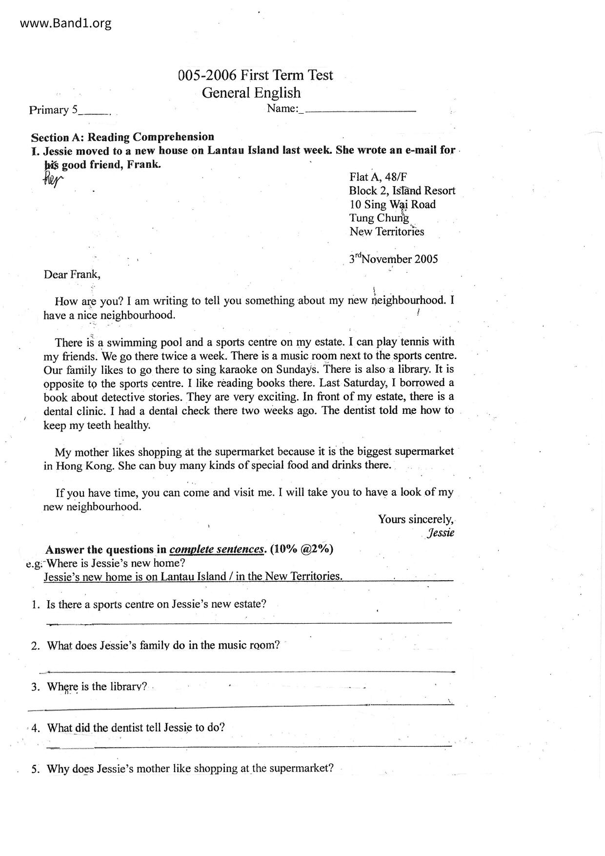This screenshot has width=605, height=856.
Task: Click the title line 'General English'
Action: coord(251,93)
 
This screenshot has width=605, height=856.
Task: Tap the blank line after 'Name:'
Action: coord(360,110)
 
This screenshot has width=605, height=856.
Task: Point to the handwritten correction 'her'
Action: coord(53,180)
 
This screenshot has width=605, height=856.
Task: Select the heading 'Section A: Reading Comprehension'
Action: coord(122,137)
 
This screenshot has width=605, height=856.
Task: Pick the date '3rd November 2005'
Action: coord(393,259)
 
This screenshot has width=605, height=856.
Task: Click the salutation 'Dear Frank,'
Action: coord(72,274)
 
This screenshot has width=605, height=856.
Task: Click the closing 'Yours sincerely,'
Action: coord(416,519)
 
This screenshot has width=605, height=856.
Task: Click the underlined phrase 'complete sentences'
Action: coord(217,549)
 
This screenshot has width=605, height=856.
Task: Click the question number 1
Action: coord(35,605)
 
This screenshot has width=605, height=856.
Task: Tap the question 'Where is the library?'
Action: coord(97,687)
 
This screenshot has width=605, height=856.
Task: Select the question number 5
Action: coord(35,769)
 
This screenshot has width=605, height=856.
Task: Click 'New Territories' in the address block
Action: coord(386,232)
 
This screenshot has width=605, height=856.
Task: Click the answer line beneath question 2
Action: coord(249,672)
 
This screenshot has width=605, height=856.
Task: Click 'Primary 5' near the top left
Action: coord(53,110)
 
